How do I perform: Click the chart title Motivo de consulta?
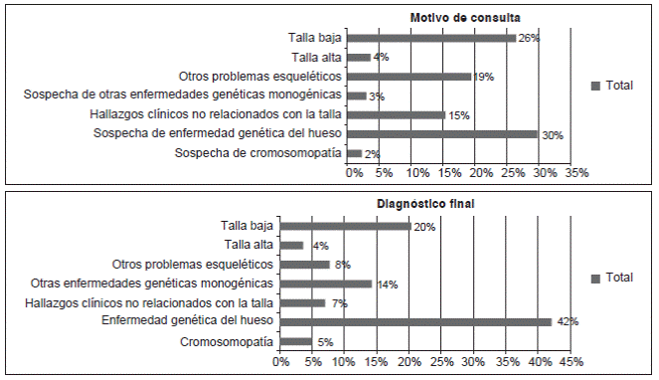465,17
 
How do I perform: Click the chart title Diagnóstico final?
425,204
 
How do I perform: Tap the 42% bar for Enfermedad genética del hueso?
415,321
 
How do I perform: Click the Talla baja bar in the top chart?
431,38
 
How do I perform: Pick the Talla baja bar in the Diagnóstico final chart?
345,226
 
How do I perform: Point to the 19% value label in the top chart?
484,77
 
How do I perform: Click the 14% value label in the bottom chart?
387,285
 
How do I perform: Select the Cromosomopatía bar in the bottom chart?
295,341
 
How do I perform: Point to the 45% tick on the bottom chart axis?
571,361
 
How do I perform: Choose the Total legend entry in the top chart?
611,86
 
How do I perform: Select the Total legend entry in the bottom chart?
611,278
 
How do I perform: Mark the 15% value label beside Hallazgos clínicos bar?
457,115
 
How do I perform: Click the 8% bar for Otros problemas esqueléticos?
304,265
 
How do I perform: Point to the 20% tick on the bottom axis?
409,361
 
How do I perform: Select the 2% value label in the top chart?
372,154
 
